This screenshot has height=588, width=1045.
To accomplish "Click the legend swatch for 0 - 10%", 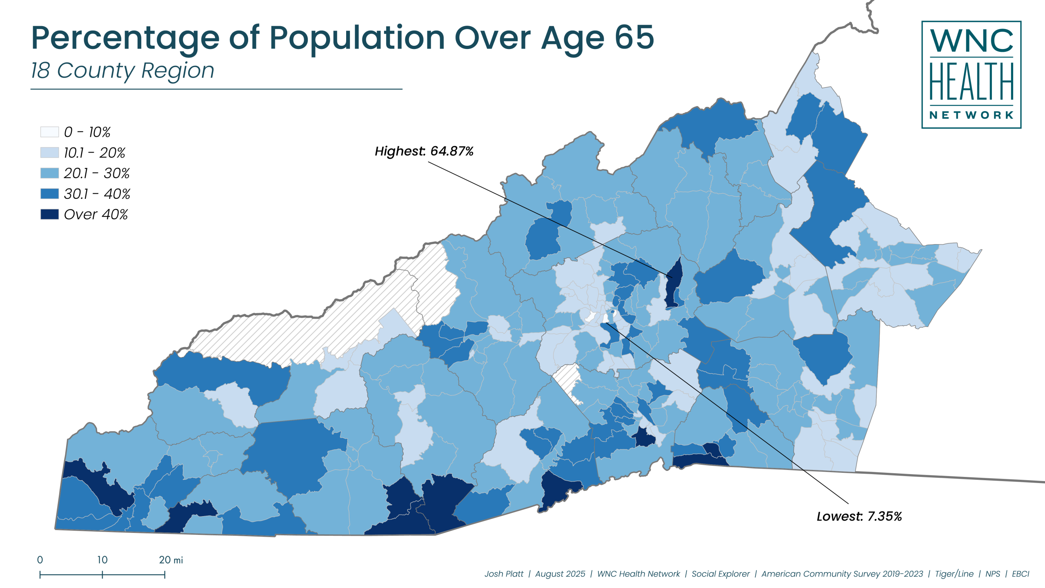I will (49, 132).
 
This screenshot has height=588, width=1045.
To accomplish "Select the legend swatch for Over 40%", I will (49, 214).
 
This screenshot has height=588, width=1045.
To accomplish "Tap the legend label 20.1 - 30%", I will (96, 173).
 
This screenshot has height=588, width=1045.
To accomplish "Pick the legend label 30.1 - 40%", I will (97, 194).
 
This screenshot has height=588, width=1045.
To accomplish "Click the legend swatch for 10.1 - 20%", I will (49, 152).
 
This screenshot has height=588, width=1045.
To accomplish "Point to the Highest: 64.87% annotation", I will (424, 151).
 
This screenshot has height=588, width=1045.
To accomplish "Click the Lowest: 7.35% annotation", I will (859, 516).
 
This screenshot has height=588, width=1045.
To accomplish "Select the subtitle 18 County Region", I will (122, 71).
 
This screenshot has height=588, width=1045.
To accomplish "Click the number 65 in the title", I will (634, 38).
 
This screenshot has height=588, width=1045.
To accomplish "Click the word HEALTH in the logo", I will (971, 82).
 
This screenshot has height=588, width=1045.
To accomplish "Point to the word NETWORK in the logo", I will (971, 115).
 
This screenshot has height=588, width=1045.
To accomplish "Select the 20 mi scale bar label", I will (171, 560).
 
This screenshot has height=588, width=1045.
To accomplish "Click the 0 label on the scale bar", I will (40, 560).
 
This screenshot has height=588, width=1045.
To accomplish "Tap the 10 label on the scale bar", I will (102, 560).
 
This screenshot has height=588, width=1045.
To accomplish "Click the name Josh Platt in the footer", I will (503, 574).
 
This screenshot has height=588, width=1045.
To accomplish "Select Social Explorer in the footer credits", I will (720, 574).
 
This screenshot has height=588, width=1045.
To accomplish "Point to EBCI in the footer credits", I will (1020, 574).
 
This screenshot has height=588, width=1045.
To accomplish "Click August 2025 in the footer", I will (560, 574).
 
